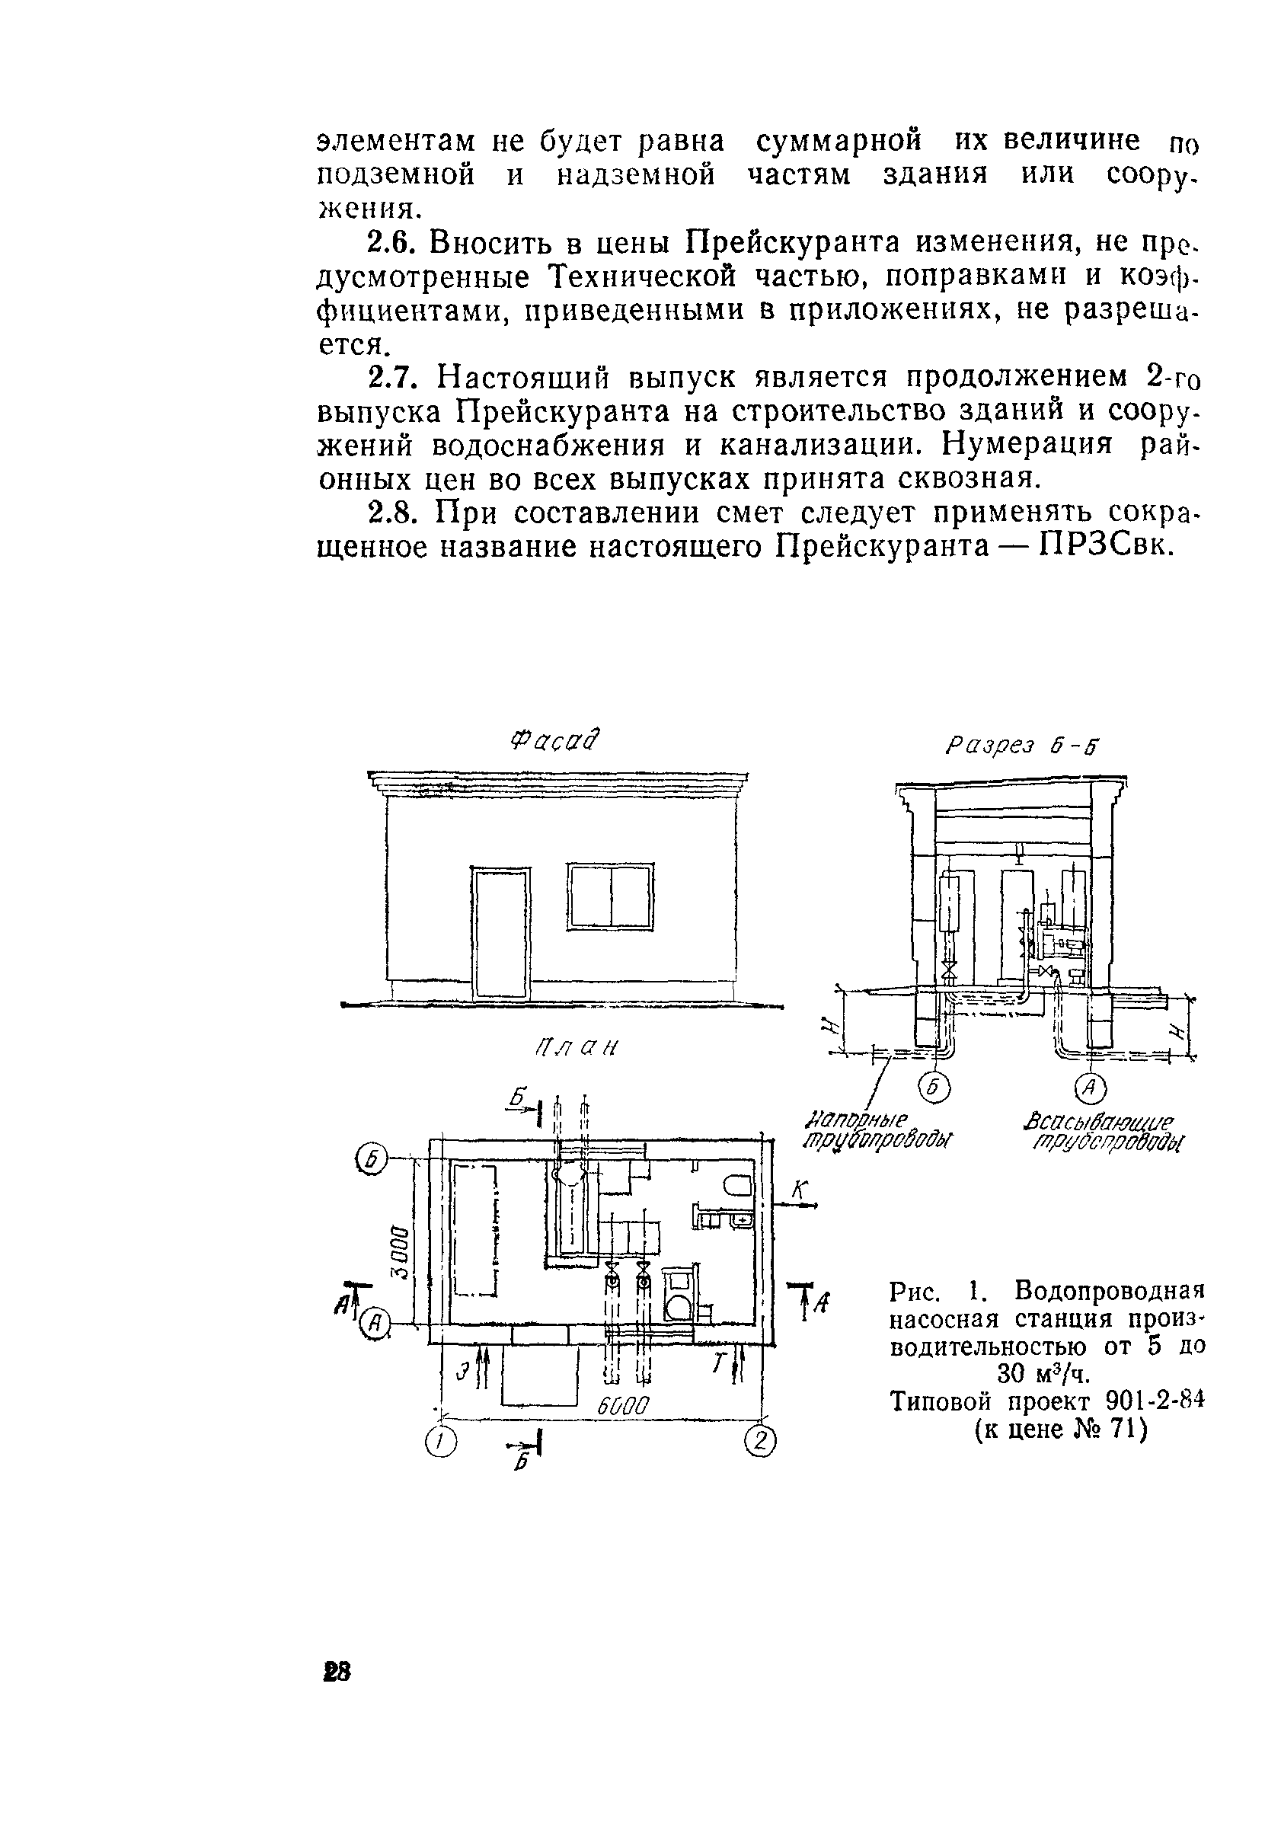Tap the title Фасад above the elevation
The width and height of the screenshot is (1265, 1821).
[556, 740]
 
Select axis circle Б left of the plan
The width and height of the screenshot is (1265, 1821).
[369, 1161]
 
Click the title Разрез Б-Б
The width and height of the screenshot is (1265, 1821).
[1023, 745]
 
